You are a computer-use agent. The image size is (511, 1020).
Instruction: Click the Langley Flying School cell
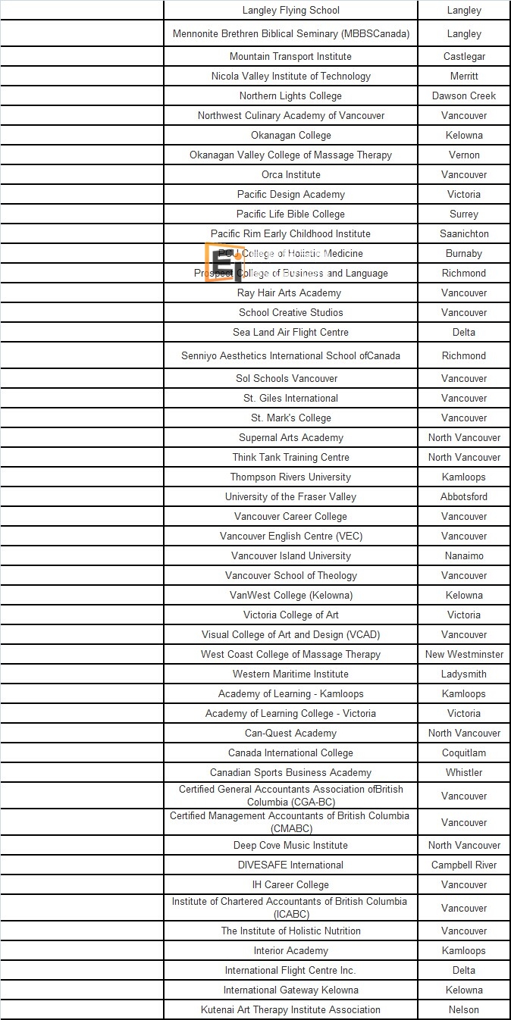click(290, 11)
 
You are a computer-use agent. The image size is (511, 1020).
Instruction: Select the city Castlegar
click(464, 57)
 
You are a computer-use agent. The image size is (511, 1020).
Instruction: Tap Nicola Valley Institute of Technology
click(290, 77)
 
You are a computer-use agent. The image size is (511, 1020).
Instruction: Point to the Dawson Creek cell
click(464, 96)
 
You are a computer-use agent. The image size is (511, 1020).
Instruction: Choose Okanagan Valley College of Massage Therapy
click(290, 155)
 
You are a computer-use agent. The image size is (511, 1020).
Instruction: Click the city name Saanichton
click(464, 234)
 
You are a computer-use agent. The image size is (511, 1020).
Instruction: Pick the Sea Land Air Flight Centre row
click(290, 333)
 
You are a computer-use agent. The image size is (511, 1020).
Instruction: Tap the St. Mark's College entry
click(290, 418)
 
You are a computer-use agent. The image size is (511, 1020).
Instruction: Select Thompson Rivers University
click(290, 477)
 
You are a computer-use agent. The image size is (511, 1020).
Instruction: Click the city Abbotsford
click(464, 497)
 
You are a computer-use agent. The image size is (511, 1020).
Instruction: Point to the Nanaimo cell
click(464, 556)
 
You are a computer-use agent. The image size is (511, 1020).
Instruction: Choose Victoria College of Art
click(290, 615)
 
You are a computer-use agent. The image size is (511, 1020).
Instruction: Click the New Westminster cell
click(464, 655)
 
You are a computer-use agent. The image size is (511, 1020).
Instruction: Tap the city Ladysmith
click(464, 674)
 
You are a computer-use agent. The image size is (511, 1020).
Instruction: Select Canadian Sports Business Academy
click(290, 773)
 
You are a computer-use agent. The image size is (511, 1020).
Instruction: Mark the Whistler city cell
click(464, 773)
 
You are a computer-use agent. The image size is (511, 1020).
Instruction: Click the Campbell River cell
click(464, 865)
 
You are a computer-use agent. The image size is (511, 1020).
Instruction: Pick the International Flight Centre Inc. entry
click(290, 971)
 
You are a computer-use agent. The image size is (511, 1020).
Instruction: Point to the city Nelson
click(464, 1010)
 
